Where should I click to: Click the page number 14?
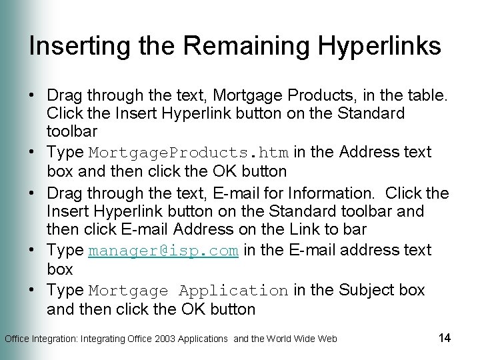pos(445,337)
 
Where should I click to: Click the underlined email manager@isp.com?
pos(163,251)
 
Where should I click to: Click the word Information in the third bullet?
pos(320,193)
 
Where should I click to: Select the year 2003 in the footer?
pos(167,339)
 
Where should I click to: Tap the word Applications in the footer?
pos(203,339)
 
